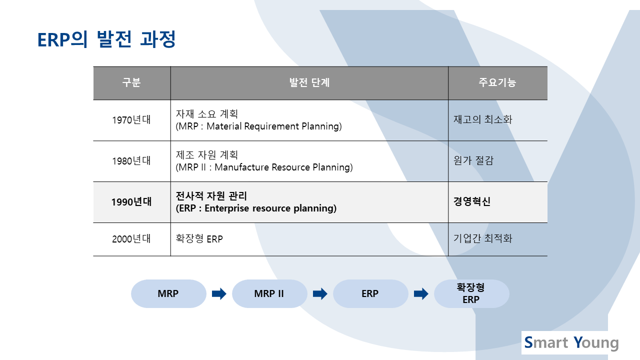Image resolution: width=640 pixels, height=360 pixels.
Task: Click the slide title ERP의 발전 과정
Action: [106, 39]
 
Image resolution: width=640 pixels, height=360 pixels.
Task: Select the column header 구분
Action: [131, 82]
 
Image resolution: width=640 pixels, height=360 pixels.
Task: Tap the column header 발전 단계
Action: [309, 82]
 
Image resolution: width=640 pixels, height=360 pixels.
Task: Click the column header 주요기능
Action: [497, 82]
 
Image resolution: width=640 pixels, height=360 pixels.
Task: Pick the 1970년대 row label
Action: [131, 120]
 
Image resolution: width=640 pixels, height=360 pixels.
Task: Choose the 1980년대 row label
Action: [131, 161]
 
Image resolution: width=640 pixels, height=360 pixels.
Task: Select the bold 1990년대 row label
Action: [131, 202]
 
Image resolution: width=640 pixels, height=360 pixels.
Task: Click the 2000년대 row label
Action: [131, 239]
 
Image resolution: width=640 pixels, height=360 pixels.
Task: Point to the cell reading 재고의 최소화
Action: [483, 119]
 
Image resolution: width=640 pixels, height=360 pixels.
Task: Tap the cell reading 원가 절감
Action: [473, 160]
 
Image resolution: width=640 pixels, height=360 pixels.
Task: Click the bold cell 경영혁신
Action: [472, 201]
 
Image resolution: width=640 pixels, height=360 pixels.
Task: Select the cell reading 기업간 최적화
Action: [483, 238]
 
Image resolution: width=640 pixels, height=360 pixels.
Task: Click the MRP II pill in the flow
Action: [269, 293]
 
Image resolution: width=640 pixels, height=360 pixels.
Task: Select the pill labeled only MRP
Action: [168, 293]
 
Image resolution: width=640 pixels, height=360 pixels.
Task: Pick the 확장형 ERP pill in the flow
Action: [471, 293]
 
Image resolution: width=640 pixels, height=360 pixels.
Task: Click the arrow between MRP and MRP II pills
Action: [219, 293]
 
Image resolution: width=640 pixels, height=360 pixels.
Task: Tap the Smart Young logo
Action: [571, 342]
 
